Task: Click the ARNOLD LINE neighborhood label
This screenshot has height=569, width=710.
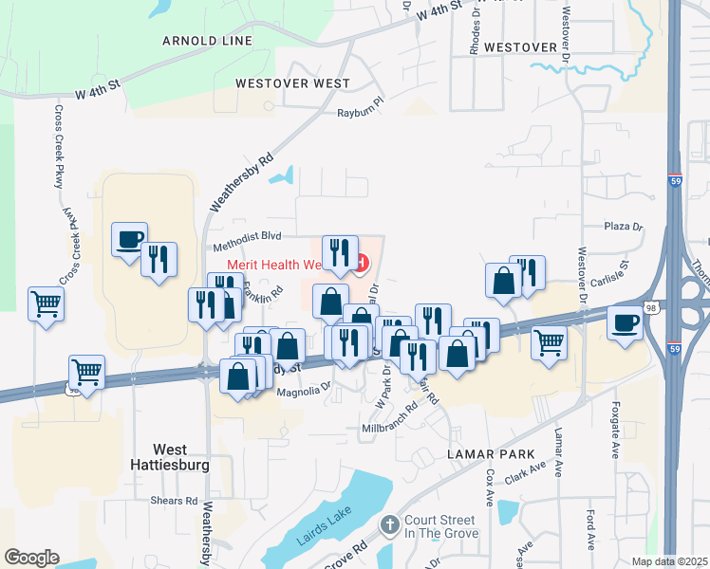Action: click(207, 41)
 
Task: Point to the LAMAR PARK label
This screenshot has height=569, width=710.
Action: click(492, 454)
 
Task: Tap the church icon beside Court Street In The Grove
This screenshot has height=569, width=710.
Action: click(388, 524)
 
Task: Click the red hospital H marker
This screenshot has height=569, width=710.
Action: click(362, 263)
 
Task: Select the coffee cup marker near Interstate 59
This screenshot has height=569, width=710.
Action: click(626, 323)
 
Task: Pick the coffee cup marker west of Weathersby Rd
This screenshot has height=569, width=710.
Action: click(129, 239)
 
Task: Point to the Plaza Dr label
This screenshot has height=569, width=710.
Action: click(624, 227)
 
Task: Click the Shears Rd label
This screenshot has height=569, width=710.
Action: click(177, 501)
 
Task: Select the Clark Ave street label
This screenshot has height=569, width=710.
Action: click(525, 473)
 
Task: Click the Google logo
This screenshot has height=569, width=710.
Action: click(31, 557)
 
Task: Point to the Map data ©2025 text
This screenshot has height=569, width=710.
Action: click(668, 561)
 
